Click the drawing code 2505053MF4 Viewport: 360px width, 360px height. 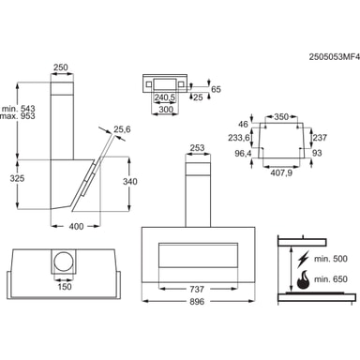click(x=335, y=57)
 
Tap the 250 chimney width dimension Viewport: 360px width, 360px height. click(x=61, y=67)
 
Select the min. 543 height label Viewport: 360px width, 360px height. click(x=19, y=109)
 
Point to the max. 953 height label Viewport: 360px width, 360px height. click(x=18, y=116)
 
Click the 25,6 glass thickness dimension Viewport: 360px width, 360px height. click(x=122, y=128)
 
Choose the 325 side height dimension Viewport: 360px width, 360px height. click(x=17, y=178)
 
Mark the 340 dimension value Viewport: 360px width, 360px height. click(x=129, y=182)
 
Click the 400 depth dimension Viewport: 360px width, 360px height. click(x=76, y=226)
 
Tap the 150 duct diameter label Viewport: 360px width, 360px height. click(x=65, y=286)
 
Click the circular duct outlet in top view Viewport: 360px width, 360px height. click(x=64, y=262)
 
